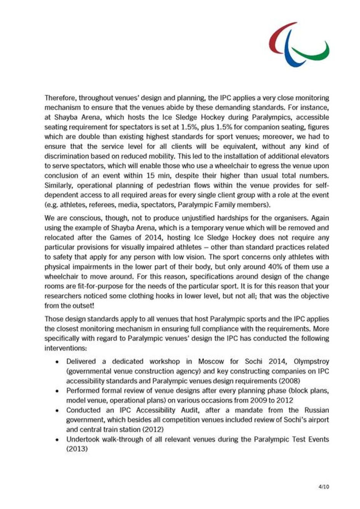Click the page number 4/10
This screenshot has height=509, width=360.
[324, 487]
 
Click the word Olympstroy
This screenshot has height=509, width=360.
[311, 361]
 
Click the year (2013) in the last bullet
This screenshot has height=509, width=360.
[77, 449]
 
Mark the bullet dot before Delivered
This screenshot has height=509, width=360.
[57, 362]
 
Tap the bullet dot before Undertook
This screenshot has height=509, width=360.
[57, 439]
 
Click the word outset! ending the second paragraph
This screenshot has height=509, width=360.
[82, 306]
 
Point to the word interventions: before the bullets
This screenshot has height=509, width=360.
[66, 348]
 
